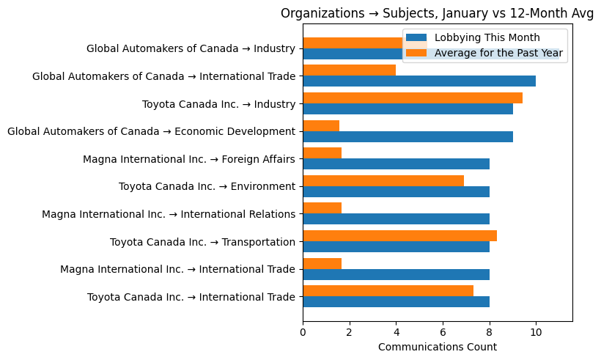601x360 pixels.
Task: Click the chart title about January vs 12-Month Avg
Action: [437, 14]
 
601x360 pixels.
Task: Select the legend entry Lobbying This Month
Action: [487, 38]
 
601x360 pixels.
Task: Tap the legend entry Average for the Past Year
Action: [498, 53]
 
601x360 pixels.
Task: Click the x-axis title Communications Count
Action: [437, 347]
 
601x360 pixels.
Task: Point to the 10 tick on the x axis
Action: [536, 332]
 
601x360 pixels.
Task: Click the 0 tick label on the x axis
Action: [303, 332]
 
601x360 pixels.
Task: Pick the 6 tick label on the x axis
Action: [443, 332]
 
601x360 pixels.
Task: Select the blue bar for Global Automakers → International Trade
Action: [419, 81]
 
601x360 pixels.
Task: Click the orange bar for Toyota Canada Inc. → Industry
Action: [412, 98]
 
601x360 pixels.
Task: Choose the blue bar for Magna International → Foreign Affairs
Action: [396, 164]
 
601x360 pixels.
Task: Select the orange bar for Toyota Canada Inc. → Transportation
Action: [399, 236]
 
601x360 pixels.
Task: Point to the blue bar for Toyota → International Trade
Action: [396, 302]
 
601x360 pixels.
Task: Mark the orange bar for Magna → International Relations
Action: [322, 208]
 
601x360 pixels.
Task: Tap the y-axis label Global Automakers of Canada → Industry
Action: [191, 49]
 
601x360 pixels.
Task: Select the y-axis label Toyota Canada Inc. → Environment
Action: [207, 187]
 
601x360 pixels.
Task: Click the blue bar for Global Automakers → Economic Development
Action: [408, 136]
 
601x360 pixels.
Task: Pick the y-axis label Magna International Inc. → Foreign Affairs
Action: [188, 159]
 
